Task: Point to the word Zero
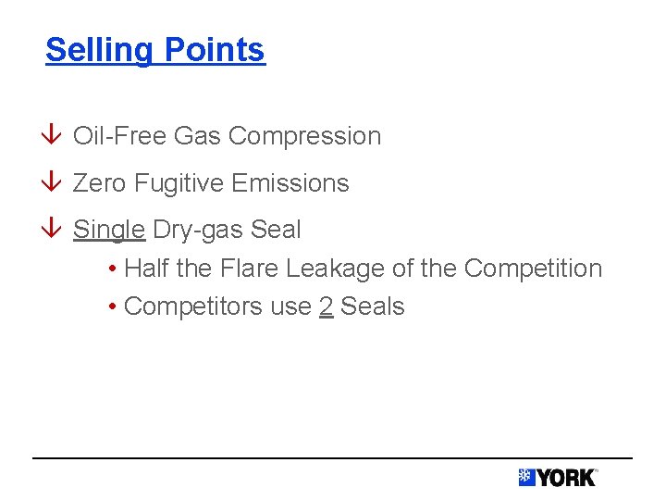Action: [99, 183]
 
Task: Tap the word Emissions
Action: [290, 183]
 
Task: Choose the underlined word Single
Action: [108, 229]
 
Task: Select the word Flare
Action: [249, 269]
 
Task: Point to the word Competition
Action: [533, 269]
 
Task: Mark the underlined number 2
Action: [326, 306]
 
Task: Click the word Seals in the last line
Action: [373, 306]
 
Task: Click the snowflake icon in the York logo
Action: [526, 478]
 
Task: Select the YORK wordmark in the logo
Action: [566, 478]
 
